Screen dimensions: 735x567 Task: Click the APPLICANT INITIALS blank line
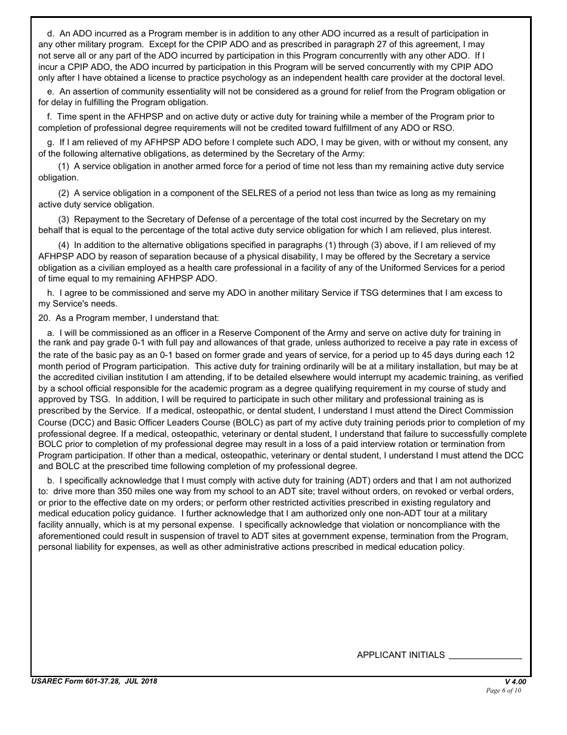pyautogui.click(x=485, y=656)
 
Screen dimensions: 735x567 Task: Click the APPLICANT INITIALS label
pyautogui.click(x=400, y=655)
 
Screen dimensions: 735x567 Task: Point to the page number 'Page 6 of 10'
pyautogui.click(x=504, y=691)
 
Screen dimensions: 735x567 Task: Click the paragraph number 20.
pyautogui.click(x=44, y=318)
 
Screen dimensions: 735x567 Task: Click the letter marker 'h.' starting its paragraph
pyautogui.click(x=51, y=293)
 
